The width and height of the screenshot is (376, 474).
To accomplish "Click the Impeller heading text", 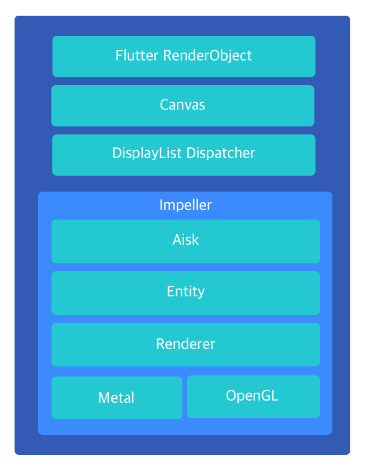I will tap(186, 205).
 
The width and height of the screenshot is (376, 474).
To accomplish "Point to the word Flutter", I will tap(137, 55).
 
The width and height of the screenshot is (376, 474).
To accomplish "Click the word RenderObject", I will tap(208, 55).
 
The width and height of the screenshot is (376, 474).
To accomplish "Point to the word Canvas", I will tap(182, 105).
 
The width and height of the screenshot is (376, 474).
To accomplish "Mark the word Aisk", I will tap(186, 240).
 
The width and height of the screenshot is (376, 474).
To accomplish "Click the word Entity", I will tap(186, 292).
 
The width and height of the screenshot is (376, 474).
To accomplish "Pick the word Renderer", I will tap(186, 343).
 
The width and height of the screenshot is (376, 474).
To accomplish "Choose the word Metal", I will tap(116, 398).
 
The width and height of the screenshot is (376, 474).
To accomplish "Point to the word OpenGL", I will tap(252, 396).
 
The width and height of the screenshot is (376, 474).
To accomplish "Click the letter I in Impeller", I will tap(161, 205).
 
